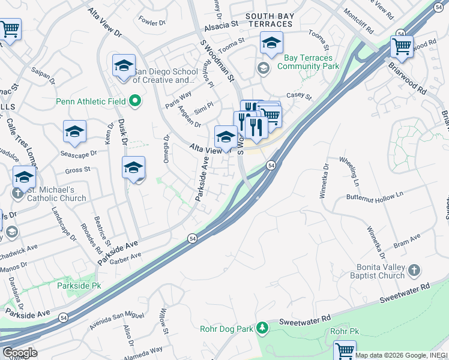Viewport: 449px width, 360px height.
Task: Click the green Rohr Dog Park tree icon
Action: (x=262, y=328)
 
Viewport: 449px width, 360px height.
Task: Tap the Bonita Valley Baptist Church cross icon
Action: (x=414, y=271)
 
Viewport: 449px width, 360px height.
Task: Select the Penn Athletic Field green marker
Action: (x=136, y=101)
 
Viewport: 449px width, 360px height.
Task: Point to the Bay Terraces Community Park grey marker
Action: (x=263, y=67)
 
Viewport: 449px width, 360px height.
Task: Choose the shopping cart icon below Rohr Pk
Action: (x=345, y=350)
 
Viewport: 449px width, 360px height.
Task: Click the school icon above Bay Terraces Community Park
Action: (x=271, y=43)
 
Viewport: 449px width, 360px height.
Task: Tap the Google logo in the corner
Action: (x=19, y=353)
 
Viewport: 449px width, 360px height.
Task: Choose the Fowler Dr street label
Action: (x=152, y=22)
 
